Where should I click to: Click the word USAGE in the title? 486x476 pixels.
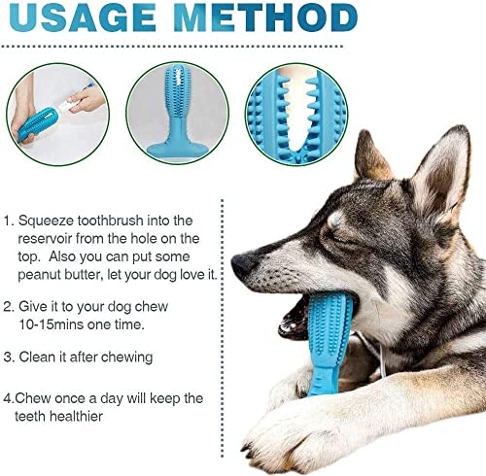(x=83, y=17)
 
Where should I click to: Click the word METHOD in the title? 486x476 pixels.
(x=266, y=17)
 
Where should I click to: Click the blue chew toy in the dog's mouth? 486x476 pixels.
(x=328, y=343)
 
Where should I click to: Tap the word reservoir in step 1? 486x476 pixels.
(x=45, y=239)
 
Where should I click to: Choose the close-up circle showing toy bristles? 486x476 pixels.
(x=296, y=115)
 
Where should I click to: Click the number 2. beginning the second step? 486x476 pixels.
(x=9, y=307)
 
